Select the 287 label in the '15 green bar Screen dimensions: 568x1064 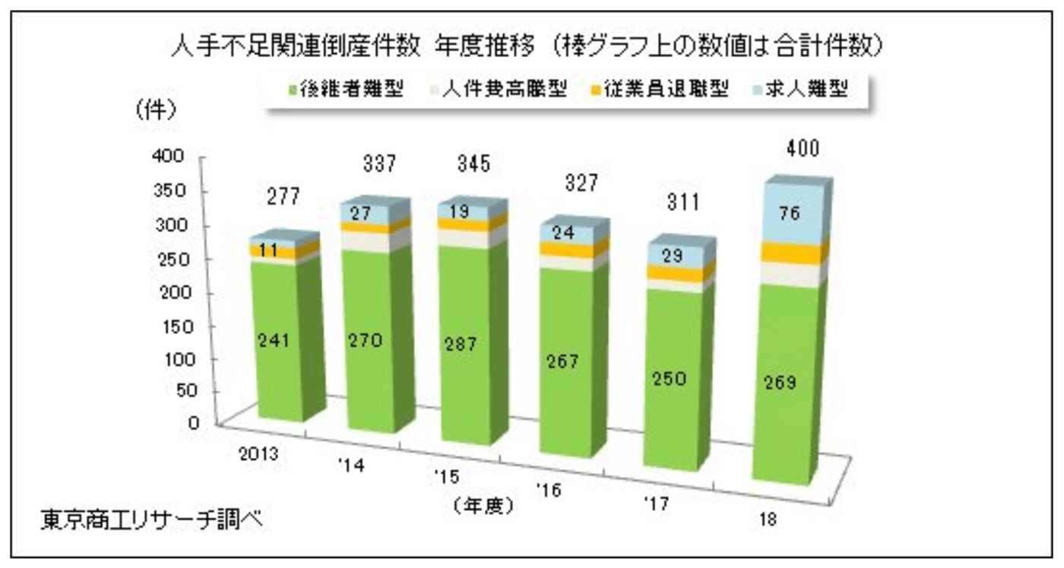click(461, 344)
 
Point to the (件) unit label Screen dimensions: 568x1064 click(157, 109)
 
